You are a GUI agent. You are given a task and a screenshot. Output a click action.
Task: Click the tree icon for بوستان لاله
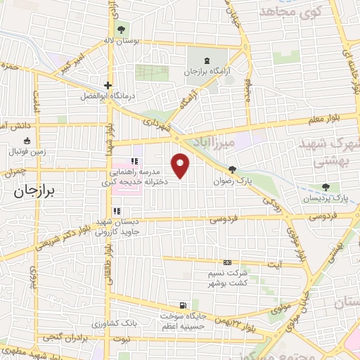[122, 30]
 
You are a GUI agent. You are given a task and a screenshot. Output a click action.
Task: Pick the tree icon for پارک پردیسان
[325, 187]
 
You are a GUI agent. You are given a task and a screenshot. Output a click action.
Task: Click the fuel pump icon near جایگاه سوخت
[184, 306]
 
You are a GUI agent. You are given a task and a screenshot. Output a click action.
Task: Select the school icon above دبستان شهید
[117, 210]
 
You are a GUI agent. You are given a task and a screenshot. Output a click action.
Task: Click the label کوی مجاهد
[289, 12]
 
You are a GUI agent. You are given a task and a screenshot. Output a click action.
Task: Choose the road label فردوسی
[224, 220]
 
